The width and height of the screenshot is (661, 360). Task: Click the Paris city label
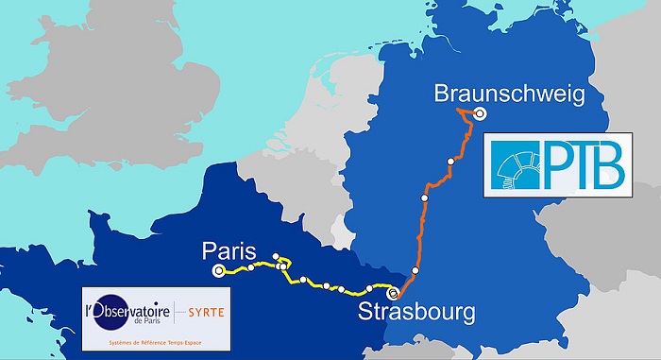click(229, 251)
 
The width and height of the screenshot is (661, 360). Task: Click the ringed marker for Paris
click(219, 271)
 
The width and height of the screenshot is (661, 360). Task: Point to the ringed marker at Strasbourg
click(394, 293)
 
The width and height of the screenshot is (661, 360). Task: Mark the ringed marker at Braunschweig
click(480, 114)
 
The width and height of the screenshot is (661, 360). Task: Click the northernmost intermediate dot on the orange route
click(451, 163)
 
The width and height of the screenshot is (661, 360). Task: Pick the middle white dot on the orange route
click(424, 197)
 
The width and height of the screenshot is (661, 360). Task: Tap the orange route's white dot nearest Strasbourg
click(415, 271)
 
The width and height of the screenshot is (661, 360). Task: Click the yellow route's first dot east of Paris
click(250, 268)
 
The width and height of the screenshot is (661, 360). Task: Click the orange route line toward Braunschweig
click(437, 180)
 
